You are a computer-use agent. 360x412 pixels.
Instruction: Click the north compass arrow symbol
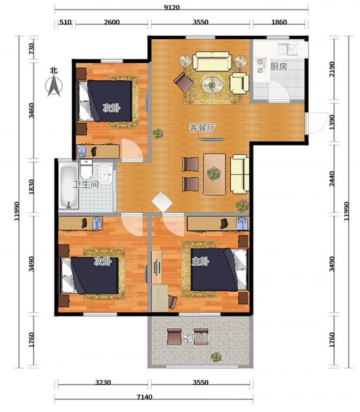[x=54, y=85]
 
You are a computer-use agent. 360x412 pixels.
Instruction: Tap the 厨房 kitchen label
[x=278, y=67]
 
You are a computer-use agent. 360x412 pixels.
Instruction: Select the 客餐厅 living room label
[x=202, y=128]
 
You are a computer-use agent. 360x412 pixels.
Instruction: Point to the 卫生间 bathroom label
[x=86, y=184]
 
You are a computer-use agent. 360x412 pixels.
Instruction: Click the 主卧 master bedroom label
[x=201, y=262]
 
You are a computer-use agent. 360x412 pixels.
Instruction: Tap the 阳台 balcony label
[x=200, y=338]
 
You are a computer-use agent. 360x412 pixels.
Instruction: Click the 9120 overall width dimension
[x=172, y=8]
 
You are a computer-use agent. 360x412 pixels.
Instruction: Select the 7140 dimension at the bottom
[x=144, y=397]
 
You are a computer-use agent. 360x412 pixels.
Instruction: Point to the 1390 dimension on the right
[x=332, y=122]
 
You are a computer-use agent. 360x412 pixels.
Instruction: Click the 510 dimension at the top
[x=65, y=22]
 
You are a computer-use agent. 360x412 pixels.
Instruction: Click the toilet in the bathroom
[x=86, y=169]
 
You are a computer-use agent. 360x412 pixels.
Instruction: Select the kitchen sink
[x=287, y=49]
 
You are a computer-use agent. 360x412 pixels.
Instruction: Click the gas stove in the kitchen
[x=260, y=65]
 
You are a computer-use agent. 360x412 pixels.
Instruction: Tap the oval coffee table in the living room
[x=212, y=85]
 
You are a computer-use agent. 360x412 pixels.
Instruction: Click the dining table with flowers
[x=214, y=174]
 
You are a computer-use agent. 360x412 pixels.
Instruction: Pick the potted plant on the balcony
[x=216, y=357]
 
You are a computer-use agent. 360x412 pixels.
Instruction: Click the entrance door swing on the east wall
[x=318, y=123]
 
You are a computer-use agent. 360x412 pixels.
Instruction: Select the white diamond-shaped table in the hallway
[x=162, y=203]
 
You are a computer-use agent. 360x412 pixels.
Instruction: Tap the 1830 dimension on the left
[x=32, y=187]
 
